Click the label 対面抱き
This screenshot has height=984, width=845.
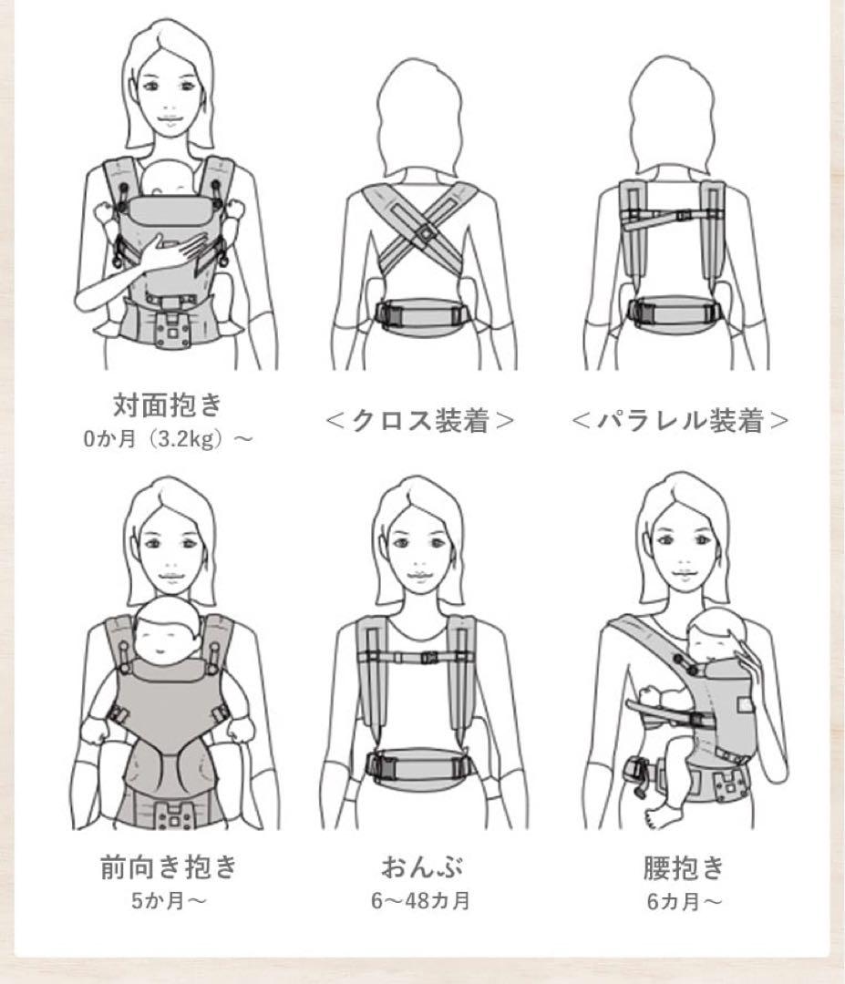coord(168,405)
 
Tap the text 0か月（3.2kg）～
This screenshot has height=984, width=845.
coord(168,438)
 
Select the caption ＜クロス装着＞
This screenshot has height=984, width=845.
coord(420,420)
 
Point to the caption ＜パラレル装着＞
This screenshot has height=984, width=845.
coord(680,420)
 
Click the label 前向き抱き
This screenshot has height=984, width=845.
coord(169,866)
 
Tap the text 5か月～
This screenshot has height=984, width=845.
coord(169,901)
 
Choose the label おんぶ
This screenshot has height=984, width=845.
coord(422,866)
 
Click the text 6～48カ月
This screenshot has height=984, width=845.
coord(420,901)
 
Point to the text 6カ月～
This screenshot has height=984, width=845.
coord(685,901)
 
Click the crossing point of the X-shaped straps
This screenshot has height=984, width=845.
coord(425,233)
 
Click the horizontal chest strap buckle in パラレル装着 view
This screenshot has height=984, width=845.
coord(683,215)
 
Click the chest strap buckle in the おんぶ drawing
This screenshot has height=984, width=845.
coord(428,659)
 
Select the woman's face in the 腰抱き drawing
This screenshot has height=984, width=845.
coord(683,552)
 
